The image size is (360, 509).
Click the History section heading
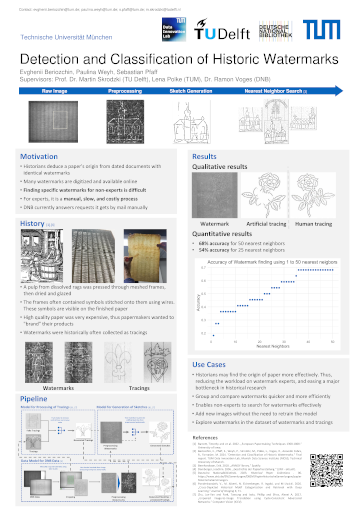click(32, 224)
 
